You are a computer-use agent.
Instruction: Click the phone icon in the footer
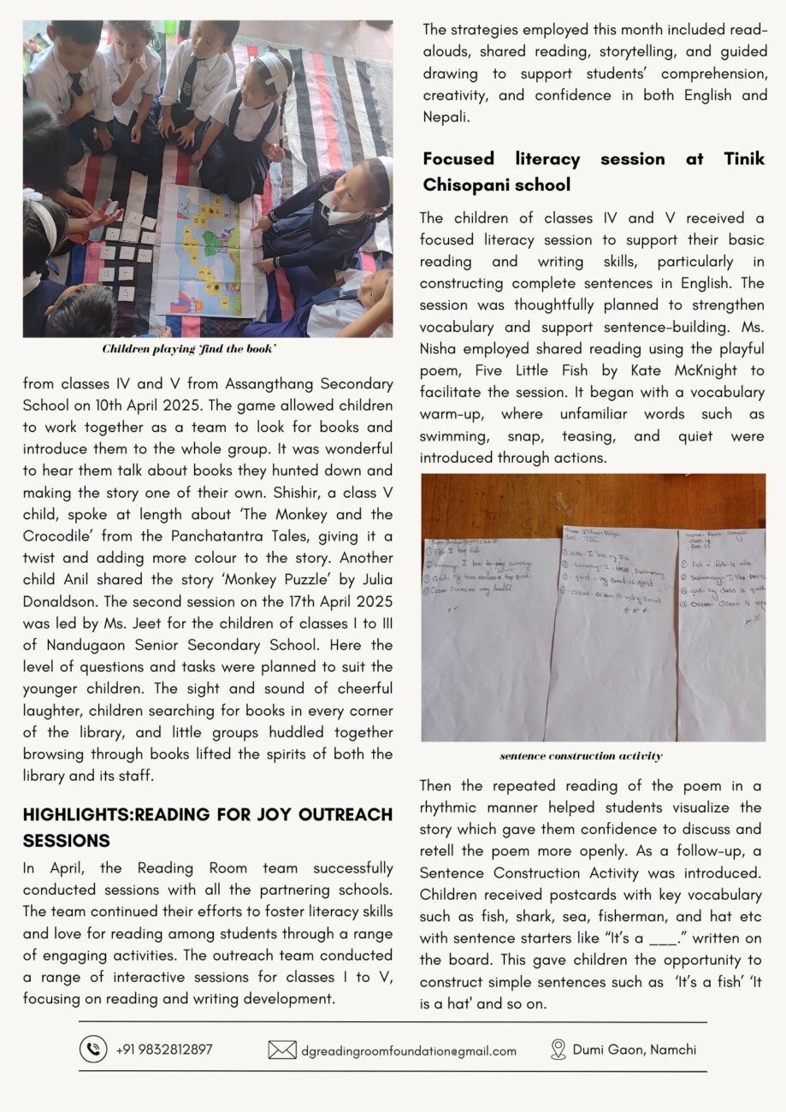(93, 1049)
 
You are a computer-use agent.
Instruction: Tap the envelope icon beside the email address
(282, 1050)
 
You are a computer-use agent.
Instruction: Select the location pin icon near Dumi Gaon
(558, 1049)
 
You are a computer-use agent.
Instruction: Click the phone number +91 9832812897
(164, 1049)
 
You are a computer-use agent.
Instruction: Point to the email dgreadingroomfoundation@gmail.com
(409, 1050)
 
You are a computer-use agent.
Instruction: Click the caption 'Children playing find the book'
(189, 349)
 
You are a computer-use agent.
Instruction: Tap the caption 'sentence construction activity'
(581, 756)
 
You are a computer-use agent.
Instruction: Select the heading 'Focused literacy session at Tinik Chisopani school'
(594, 171)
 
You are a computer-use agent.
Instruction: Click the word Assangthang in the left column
(223, 384)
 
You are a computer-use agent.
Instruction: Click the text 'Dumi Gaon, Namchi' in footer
(634, 1049)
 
